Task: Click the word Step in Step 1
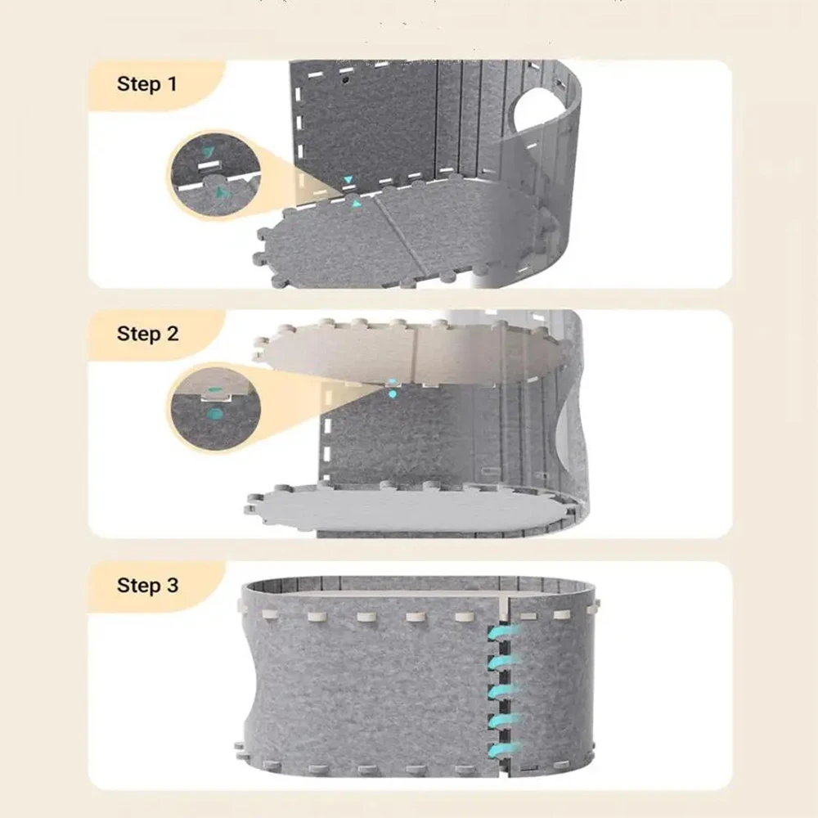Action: point(138,84)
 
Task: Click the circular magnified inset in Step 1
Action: point(215,175)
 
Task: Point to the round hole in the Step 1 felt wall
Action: point(537,112)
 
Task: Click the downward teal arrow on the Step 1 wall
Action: point(348,180)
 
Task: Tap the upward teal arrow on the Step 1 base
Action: point(357,204)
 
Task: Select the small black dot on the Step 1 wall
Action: point(345,81)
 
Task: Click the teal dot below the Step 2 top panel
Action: point(393,394)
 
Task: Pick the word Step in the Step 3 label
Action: point(138,586)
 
